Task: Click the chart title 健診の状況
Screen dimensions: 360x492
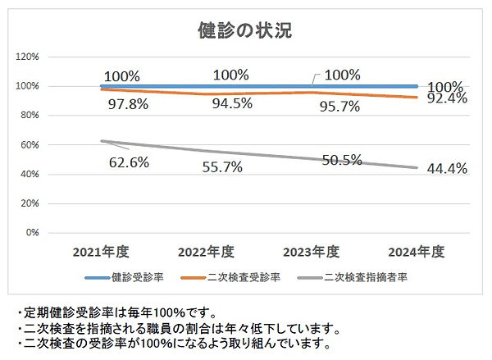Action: pyautogui.click(x=245, y=31)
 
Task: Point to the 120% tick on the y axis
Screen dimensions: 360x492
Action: pyautogui.click(x=29, y=57)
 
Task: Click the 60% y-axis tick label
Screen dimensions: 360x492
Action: pyautogui.click(x=31, y=144)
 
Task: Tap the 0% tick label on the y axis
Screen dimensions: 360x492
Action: pyautogui.click(x=34, y=232)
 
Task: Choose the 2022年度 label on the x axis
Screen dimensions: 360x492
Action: pyautogui.click(x=206, y=251)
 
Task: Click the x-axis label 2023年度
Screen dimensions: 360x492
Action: pyautogui.click(x=312, y=251)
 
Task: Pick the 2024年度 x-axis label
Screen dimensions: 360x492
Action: pyautogui.click(x=417, y=251)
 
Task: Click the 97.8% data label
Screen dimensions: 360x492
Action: pyautogui.click(x=129, y=104)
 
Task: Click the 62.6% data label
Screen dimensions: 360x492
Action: pyautogui.click(x=129, y=162)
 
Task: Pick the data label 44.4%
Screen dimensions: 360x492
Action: pyautogui.click(x=447, y=169)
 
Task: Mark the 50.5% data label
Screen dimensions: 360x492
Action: pyautogui.click(x=342, y=160)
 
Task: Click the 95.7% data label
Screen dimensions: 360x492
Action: pyautogui.click(x=338, y=105)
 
